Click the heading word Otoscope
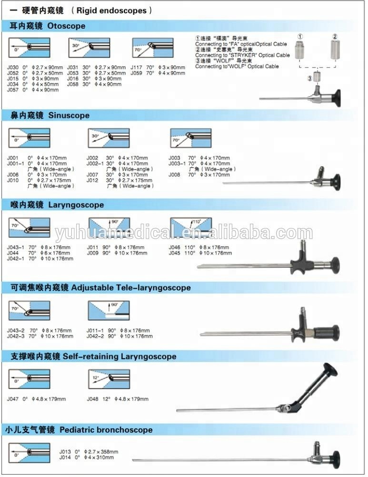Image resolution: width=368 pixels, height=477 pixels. click(x=67, y=26)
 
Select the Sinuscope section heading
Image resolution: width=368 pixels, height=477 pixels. click(x=69, y=115)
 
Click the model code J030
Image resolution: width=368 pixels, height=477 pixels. click(x=14, y=67)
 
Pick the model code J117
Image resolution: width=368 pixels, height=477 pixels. click(x=136, y=67)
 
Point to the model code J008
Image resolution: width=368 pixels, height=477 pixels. click(x=174, y=175)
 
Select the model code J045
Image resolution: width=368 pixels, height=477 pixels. click(x=175, y=253)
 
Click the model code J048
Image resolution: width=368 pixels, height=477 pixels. click(x=93, y=399)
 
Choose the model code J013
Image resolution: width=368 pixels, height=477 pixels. click(x=65, y=451)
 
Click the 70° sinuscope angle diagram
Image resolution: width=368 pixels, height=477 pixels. click(x=190, y=139)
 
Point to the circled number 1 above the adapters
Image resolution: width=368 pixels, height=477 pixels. click(x=300, y=37)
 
